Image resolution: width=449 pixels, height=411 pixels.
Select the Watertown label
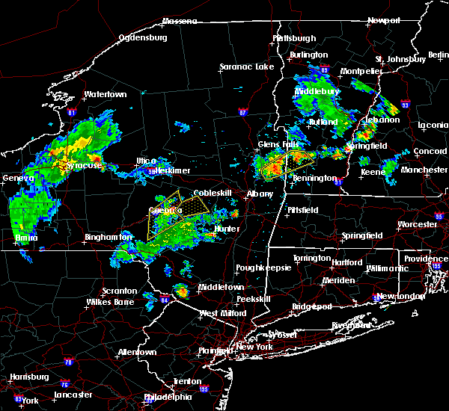(x=105, y=95)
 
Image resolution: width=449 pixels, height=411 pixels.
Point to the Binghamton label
(x=103, y=237)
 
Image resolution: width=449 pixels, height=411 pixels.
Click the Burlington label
(x=309, y=55)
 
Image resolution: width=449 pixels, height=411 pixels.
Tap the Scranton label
(x=120, y=291)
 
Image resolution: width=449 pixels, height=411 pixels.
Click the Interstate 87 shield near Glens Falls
(x=242, y=113)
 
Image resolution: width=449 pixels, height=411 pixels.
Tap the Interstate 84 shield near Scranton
(x=165, y=300)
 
